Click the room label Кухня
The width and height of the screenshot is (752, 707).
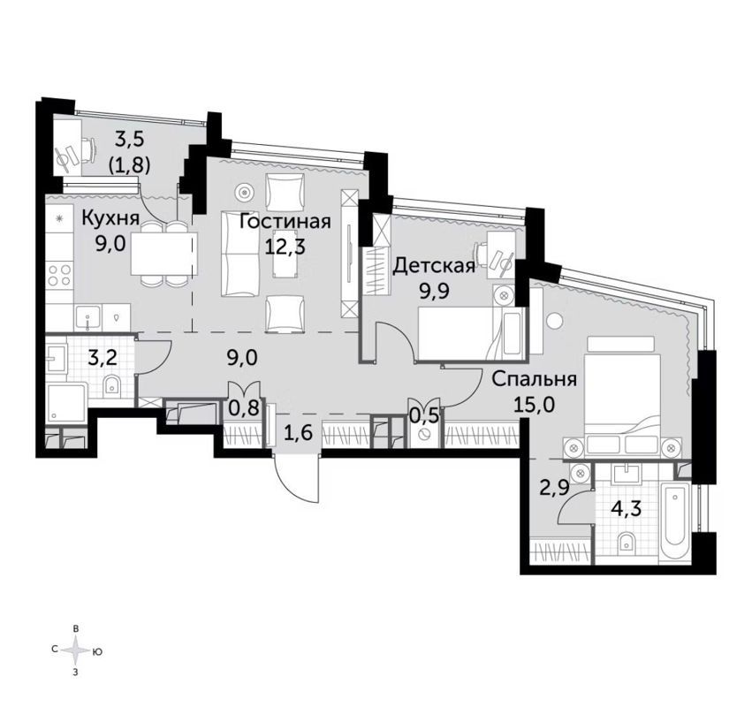(x=109, y=217)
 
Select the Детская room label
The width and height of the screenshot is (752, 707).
(x=434, y=264)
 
